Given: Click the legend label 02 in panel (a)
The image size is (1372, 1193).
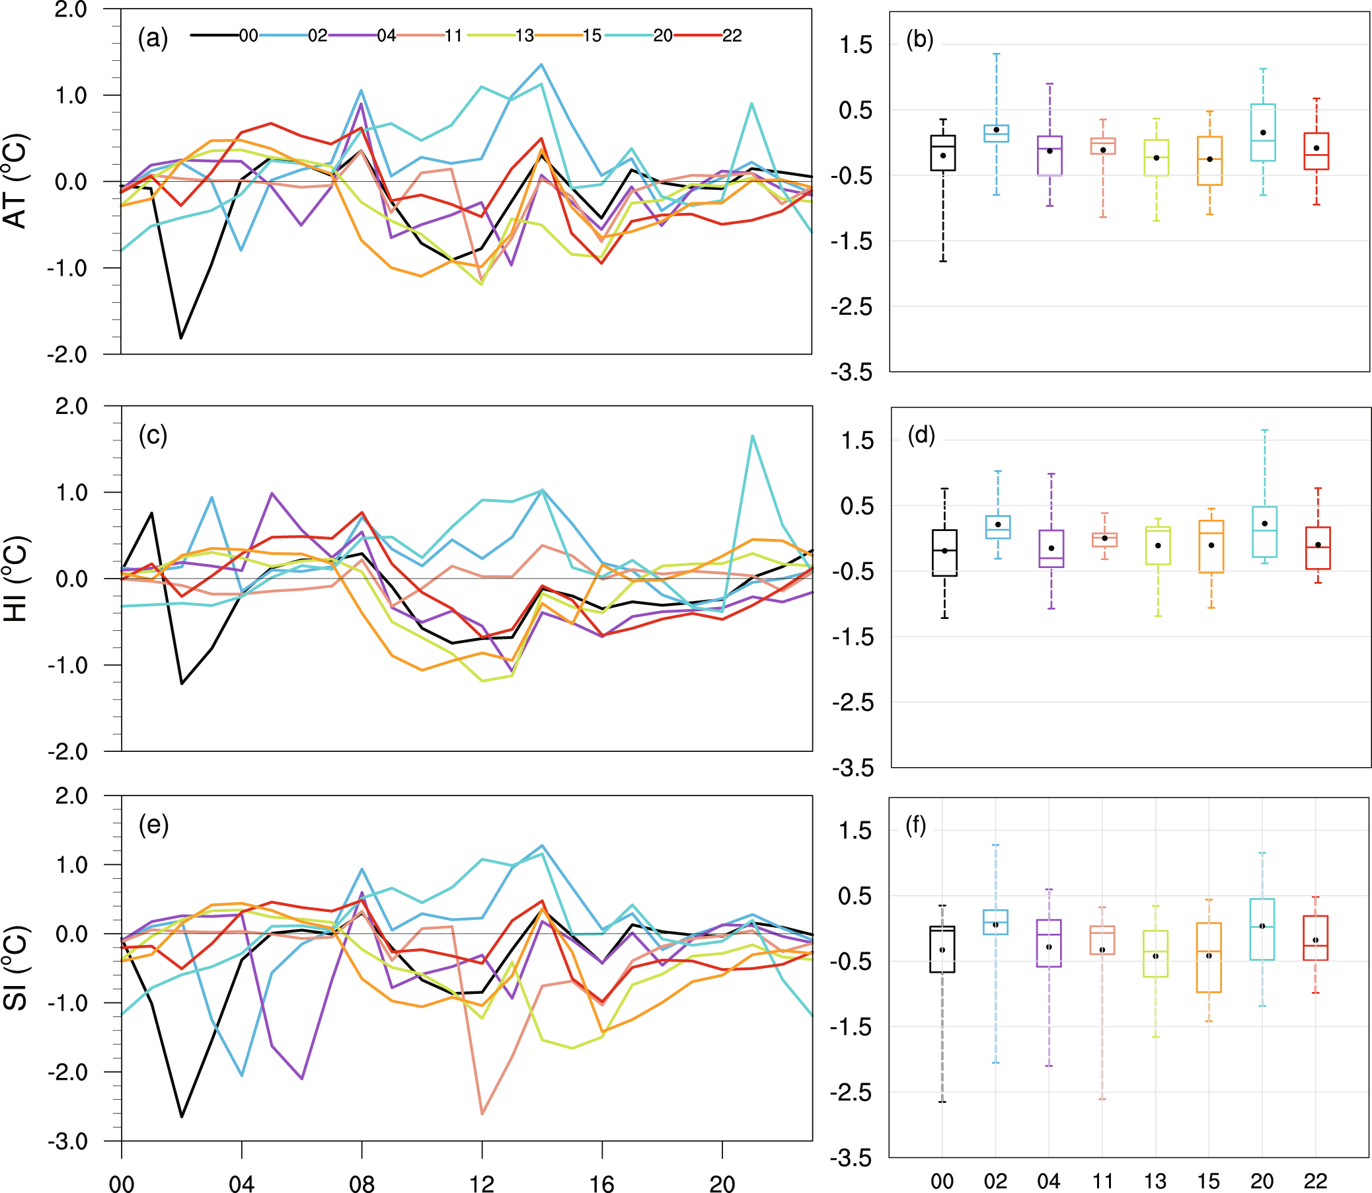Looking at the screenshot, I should [x=317, y=35].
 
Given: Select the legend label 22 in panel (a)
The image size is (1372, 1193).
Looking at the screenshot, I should [x=732, y=35].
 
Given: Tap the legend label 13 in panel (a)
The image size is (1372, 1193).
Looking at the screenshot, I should [x=524, y=35].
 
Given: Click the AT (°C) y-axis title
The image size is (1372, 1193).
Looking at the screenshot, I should [x=16, y=181].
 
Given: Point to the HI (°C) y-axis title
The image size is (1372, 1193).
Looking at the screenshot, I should [x=16, y=578].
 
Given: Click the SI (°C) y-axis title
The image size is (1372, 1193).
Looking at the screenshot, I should [x=16, y=968].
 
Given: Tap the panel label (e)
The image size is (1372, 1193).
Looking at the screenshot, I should [x=153, y=825].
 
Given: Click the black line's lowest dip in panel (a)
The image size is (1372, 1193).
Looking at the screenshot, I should [x=181, y=338].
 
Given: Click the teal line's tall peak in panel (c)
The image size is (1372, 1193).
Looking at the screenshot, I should [x=752, y=436].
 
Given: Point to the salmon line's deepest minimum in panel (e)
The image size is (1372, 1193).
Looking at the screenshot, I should [x=482, y=1113].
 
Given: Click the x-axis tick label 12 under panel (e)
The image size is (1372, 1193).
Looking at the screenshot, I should [x=482, y=1182].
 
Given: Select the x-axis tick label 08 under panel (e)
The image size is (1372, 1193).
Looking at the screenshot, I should [x=362, y=1182].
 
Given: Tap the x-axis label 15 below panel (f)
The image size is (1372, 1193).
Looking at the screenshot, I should [x=1208, y=1180].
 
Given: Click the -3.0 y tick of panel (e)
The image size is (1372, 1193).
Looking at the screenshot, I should [x=67, y=1141].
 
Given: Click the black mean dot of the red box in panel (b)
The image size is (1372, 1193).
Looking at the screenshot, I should [x=1316, y=147].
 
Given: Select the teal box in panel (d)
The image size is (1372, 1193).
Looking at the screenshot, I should [x=1264, y=531].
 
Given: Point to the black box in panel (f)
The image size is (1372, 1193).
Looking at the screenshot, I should [x=942, y=949].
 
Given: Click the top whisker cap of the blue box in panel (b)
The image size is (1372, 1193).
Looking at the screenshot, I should [x=996, y=54].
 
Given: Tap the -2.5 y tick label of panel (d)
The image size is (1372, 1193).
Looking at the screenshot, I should [x=853, y=702].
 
